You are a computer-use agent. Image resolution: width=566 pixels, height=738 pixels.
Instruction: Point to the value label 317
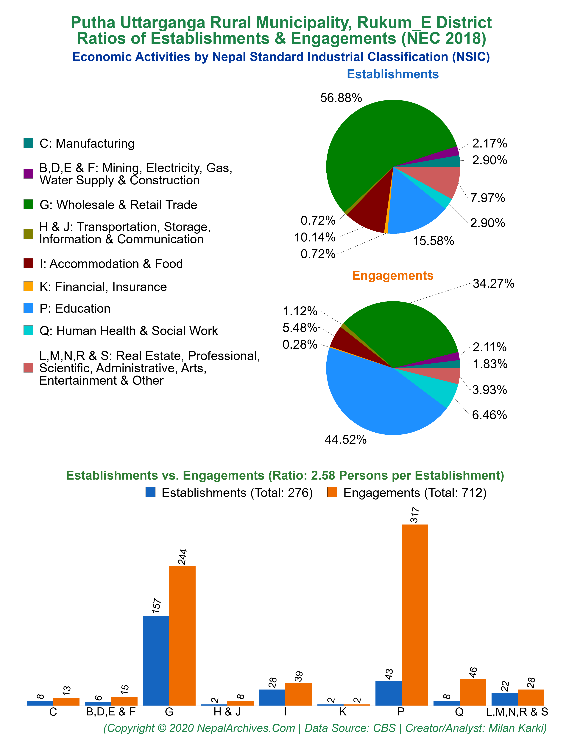coord(415,515)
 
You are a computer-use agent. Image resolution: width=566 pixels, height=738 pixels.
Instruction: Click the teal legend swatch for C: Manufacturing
coord(28,143)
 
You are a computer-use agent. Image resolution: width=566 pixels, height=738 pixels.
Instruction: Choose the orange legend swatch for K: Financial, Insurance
coord(28,286)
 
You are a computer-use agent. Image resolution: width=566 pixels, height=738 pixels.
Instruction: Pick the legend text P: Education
coord(75,309)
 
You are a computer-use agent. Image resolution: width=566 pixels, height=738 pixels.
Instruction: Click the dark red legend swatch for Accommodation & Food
coord(28,263)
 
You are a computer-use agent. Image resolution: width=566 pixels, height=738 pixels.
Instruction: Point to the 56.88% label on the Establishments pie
coord(341,98)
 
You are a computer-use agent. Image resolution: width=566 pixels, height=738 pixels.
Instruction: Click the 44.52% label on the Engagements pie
coord(346,439)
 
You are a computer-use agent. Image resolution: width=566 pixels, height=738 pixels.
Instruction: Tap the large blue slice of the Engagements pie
coord(377,397)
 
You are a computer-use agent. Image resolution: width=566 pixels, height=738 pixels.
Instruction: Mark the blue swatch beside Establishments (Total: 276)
coord(150,492)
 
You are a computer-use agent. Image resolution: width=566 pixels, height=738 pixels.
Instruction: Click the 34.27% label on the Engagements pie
coord(494,284)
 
